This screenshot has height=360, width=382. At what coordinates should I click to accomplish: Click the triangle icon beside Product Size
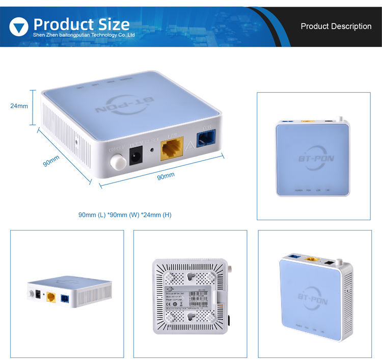coord(19,26)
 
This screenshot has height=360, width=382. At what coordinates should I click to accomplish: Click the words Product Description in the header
coord(336,26)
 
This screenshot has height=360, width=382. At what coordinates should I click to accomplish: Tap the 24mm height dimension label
coord(19,106)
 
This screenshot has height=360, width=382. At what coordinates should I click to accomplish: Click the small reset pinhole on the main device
coord(152,150)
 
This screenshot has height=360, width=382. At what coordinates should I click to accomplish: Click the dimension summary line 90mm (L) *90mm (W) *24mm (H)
coord(125,215)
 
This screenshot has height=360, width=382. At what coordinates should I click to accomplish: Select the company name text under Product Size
coord(84,36)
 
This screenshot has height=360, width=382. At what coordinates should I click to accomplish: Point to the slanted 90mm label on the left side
coord(51,163)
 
